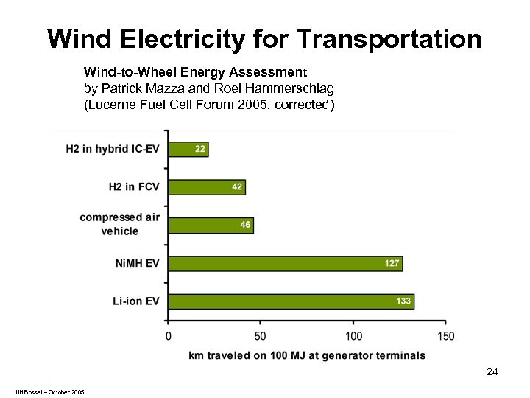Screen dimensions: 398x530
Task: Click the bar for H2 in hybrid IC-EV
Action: [188, 149]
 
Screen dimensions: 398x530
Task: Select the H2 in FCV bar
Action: [206, 187]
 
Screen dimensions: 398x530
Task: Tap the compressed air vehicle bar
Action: [211, 225]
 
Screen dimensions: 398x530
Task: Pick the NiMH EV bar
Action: [285, 263]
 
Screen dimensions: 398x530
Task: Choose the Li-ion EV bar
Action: [291, 301]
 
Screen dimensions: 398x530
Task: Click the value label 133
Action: [403, 301]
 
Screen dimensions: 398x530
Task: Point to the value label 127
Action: [392, 263]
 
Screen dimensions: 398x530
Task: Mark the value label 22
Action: [199, 149]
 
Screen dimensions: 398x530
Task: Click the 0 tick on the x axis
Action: [169, 336]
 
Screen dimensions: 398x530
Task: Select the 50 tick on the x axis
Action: [261, 336]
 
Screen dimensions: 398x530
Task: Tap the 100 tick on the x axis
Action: [353, 336]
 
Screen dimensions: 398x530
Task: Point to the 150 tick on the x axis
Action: [445, 336]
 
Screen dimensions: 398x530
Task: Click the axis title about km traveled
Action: [307, 355]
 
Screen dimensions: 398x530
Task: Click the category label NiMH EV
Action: [137, 263]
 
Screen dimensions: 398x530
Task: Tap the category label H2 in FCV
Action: [133, 187]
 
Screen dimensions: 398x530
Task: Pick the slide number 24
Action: [492, 372]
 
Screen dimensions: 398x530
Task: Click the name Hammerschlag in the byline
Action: [294, 89]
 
